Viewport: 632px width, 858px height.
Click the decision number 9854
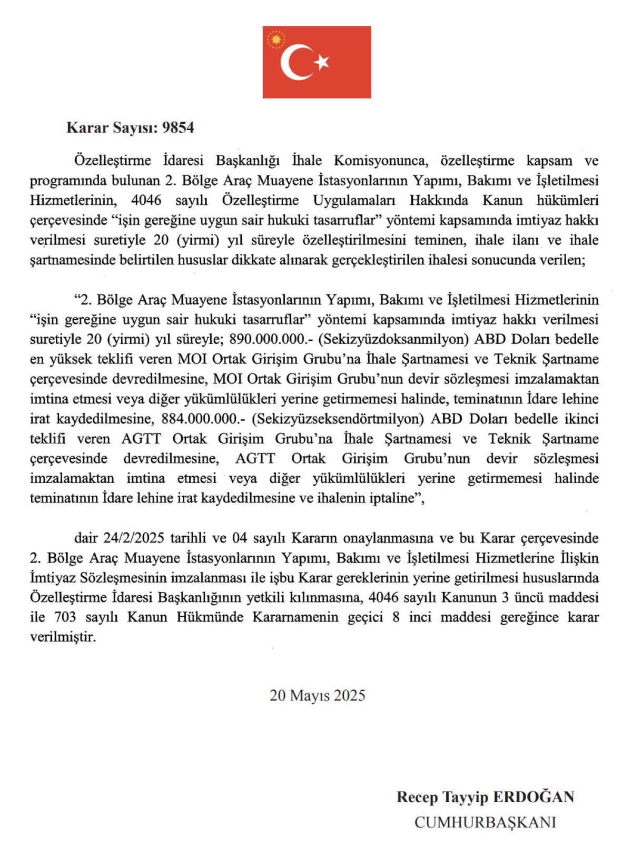(x=178, y=128)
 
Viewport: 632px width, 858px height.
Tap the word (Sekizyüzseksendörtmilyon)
(x=338, y=419)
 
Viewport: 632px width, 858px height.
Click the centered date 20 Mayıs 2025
(x=317, y=696)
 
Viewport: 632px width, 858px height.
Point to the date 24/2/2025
(x=134, y=538)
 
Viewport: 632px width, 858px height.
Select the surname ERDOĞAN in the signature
(x=533, y=797)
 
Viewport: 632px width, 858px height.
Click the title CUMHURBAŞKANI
(x=485, y=823)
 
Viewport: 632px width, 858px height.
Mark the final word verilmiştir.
(x=63, y=637)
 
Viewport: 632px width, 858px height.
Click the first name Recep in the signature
(x=417, y=797)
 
